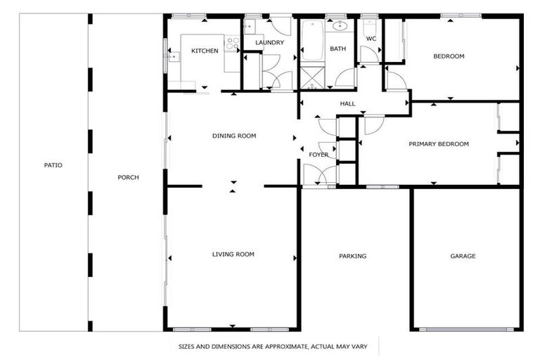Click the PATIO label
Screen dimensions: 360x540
53,165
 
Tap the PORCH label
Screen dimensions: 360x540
128,177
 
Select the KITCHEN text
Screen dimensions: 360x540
205,51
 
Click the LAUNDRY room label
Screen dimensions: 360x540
269,42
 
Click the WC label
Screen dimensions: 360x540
371,39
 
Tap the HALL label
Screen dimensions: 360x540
347,104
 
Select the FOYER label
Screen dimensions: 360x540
319,155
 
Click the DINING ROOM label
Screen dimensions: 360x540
233,136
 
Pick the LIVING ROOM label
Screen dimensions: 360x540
233,255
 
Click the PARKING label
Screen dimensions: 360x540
352,256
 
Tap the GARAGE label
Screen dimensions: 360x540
463,256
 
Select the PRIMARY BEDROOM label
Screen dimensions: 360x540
439,144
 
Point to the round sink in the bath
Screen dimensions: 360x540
341,27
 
